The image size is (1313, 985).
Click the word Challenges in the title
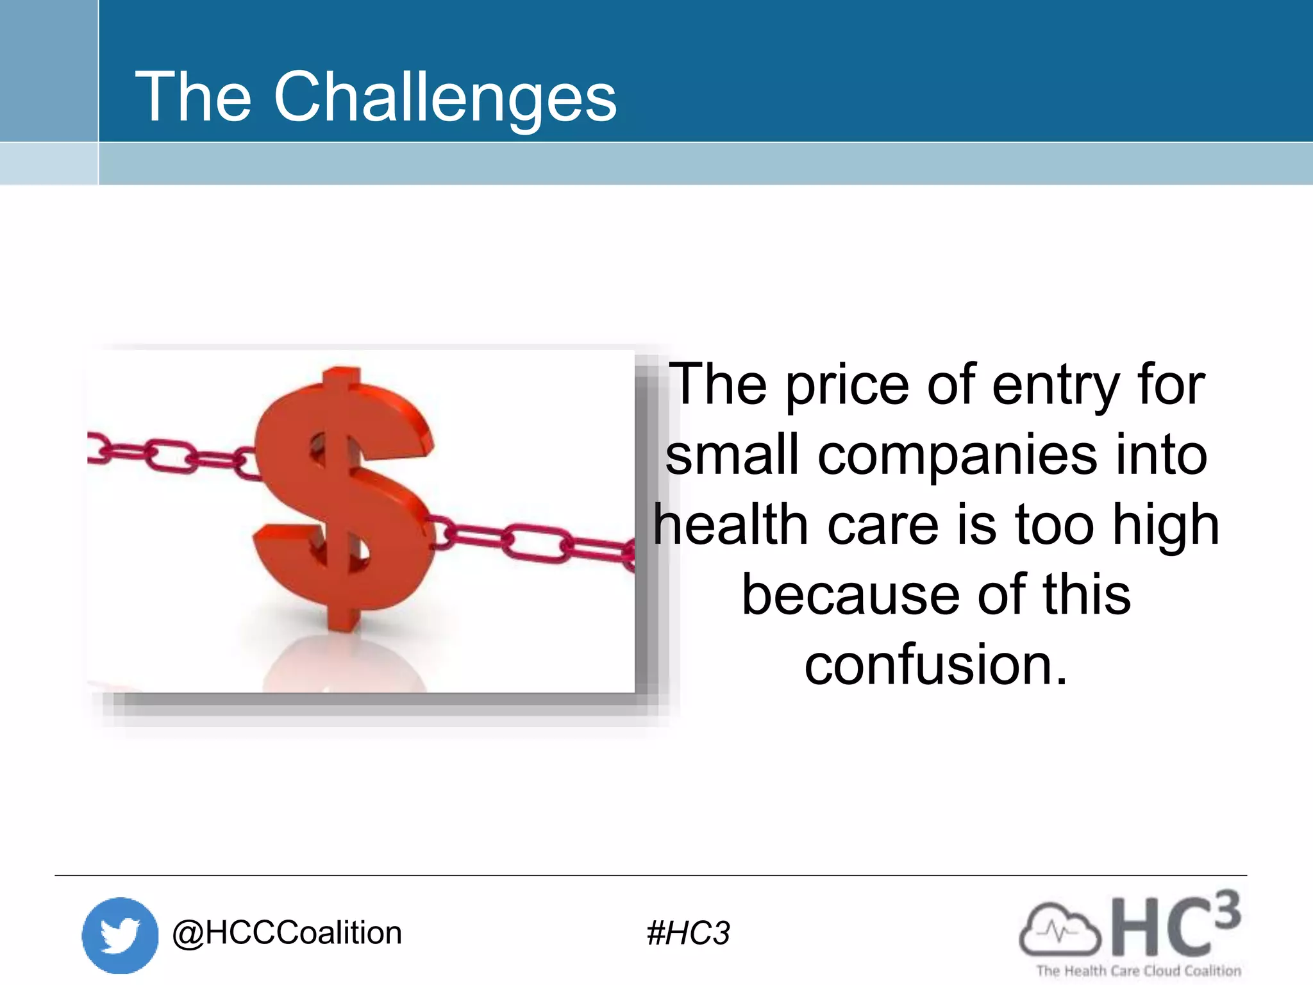445,97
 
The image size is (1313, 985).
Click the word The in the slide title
192,97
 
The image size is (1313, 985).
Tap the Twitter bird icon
120,935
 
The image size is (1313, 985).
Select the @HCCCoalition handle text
287,933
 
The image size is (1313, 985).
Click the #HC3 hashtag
688,933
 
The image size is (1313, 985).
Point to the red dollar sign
343,497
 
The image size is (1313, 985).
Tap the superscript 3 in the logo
1226,910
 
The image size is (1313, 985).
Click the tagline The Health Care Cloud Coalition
1139,971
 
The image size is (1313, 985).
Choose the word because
849,595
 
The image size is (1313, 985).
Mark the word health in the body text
731,525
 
